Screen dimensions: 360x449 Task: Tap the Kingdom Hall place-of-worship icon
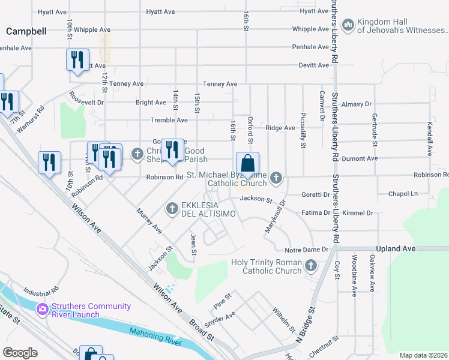tap(347, 25)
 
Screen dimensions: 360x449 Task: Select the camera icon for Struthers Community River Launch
tap(42, 310)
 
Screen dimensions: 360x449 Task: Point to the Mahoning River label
tap(155, 335)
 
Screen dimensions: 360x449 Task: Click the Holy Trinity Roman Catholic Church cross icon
tap(311, 265)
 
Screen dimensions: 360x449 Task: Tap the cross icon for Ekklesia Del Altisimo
tap(172, 208)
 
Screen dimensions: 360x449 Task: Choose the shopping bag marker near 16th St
tap(247, 163)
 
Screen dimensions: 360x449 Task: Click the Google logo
tap(20, 353)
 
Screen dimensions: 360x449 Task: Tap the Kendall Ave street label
tap(430, 139)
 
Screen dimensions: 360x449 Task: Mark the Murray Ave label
tap(149, 221)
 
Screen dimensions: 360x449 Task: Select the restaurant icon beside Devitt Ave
tap(77, 60)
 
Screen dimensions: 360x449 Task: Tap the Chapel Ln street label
tap(402, 194)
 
